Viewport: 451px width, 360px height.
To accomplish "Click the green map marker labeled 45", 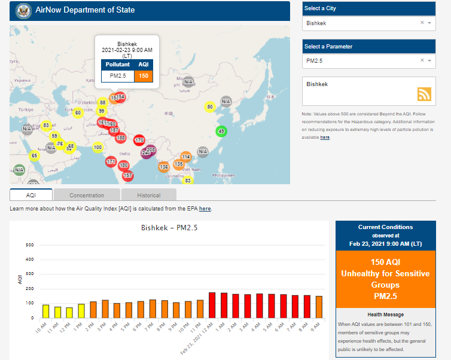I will pyautogui.click(x=221, y=132).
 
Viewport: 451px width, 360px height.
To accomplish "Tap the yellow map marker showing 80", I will pyautogui.click(x=209, y=107).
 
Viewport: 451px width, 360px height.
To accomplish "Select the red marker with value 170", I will pyautogui.click(x=139, y=140).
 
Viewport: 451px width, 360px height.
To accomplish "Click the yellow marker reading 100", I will pyautogui.click(x=98, y=147).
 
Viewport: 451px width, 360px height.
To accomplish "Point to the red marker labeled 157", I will pyautogui.click(x=127, y=175).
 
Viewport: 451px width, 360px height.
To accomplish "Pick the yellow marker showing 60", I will pyautogui.click(x=78, y=112).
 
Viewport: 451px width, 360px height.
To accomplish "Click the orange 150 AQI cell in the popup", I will pyautogui.click(x=144, y=76).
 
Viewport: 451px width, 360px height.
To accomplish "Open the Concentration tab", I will pyautogui.click(x=87, y=195).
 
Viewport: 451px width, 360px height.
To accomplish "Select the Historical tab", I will pyautogui.click(x=148, y=195).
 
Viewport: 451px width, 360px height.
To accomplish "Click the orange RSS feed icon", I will pyautogui.click(x=424, y=94).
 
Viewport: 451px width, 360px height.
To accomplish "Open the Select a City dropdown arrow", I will pyautogui.click(x=429, y=23).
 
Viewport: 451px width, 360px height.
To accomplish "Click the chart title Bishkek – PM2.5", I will pyautogui.click(x=169, y=228).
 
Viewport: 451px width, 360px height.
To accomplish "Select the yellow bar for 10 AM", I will pyautogui.click(x=45, y=311).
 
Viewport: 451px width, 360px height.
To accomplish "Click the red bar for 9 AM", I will pyautogui.click(x=319, y=306).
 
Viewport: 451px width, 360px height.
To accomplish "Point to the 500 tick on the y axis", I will pyautogui.click(x=29, y=245).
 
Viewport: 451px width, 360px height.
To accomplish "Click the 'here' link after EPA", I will pyautogui.click(x=205, y=209).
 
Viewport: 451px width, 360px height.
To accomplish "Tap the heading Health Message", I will pyautogui.click(x=386, y=315).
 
